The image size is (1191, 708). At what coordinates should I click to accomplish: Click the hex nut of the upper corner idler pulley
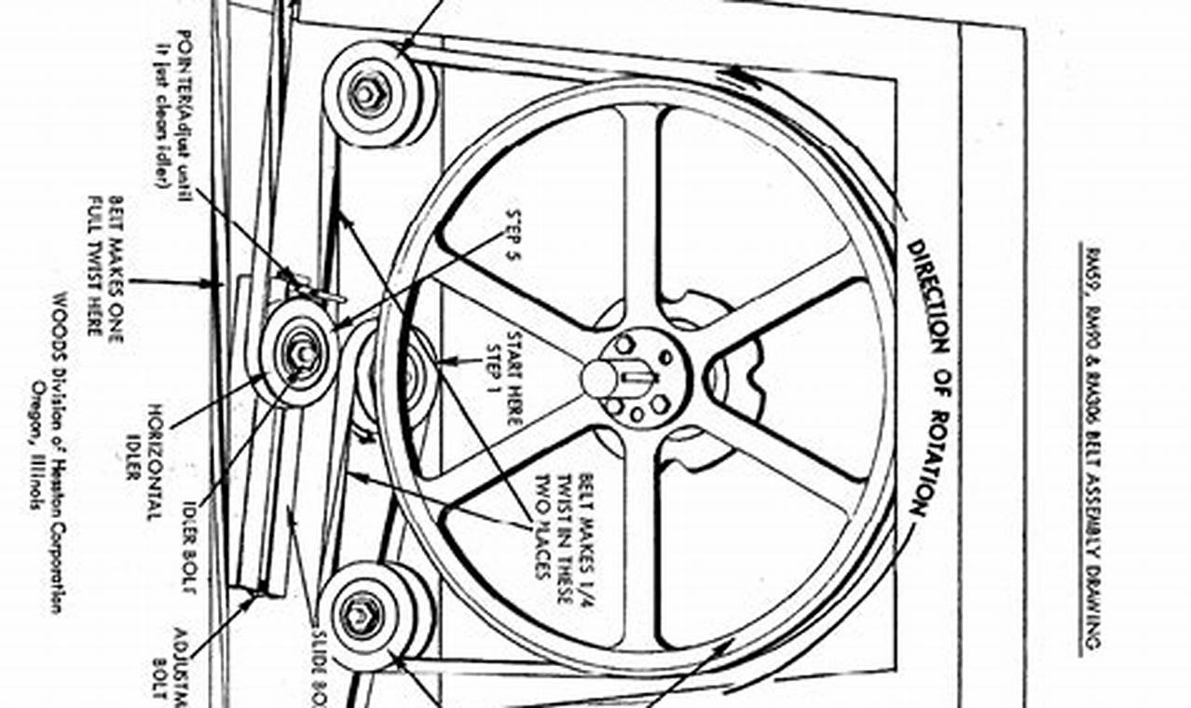click(367, 93)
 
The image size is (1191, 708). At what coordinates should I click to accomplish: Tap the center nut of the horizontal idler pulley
click(300, 354)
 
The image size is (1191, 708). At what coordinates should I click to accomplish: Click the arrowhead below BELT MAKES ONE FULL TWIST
click(211, 282)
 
